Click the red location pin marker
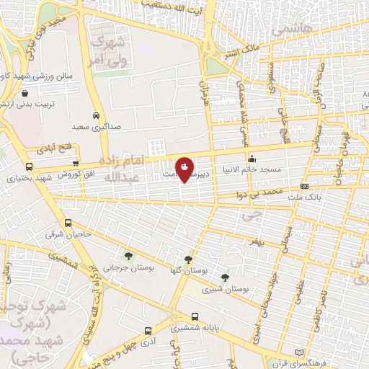185,169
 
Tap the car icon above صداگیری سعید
97,115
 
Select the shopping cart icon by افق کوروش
76,164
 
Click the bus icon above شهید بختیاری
31,165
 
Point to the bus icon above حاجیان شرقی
68,223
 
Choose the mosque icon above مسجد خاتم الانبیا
252,159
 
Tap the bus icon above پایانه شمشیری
195,316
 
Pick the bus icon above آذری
148,332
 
